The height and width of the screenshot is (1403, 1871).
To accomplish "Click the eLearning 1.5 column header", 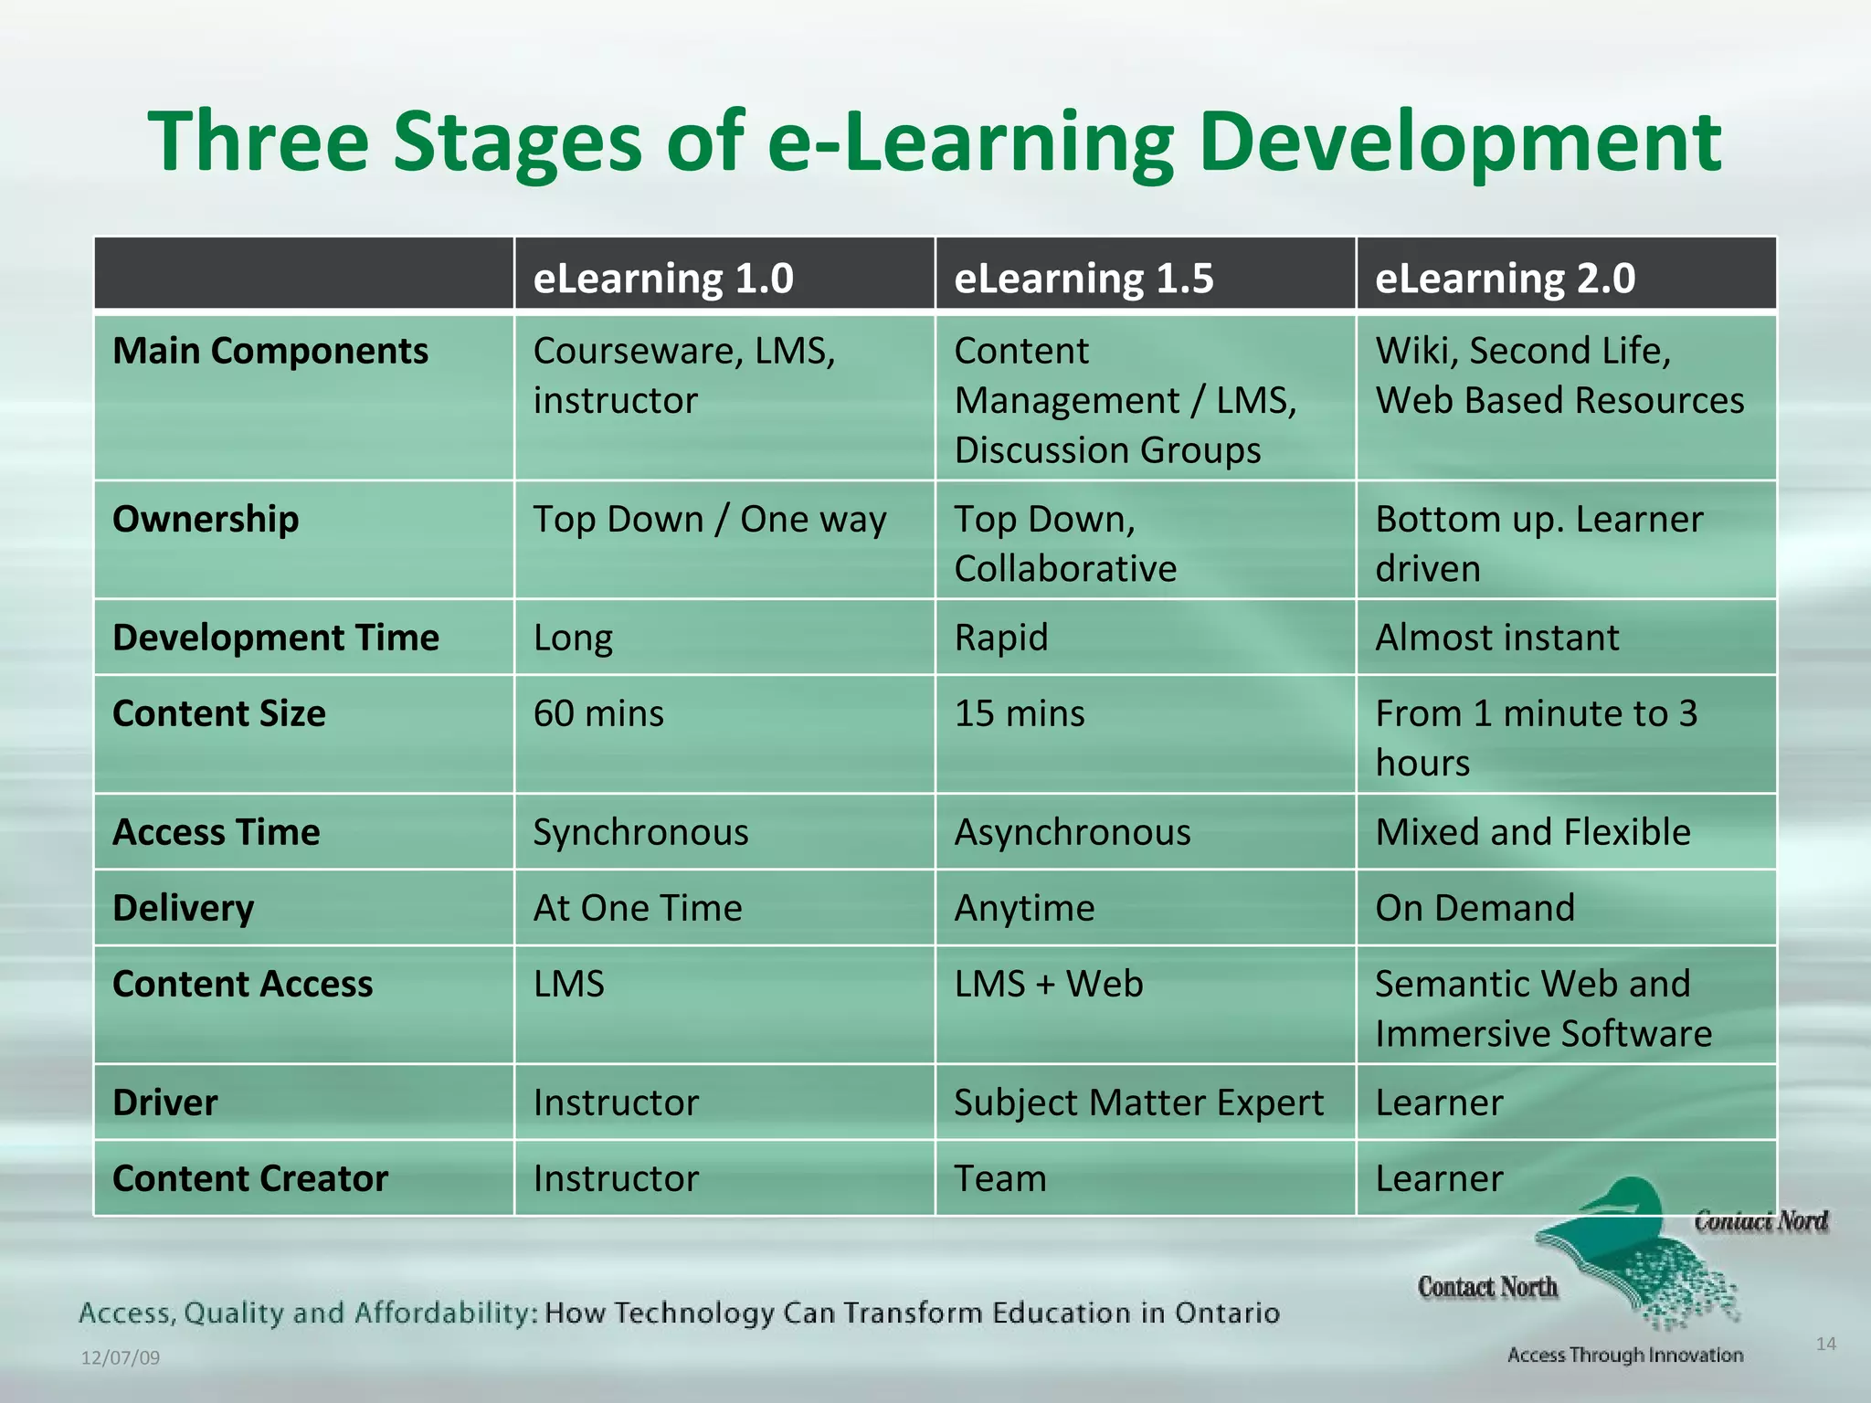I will (x=1083, y=278).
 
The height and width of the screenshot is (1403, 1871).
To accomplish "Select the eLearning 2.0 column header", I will (x=1505, y=278).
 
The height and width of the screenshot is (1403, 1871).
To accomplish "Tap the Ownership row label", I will (x=206, y=519).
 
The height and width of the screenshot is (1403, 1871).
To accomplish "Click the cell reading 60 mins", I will (x=598, y=713).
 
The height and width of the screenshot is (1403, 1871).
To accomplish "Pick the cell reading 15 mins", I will (x=1020, y=713).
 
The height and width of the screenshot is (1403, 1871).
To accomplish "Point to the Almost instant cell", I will (x=1496, y=638).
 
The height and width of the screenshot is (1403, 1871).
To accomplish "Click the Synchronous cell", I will (x=640, y=832).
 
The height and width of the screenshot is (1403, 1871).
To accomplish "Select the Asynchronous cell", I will (x=1073, y=832).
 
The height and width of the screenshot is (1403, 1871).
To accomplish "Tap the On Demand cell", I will (x=1475, y=908).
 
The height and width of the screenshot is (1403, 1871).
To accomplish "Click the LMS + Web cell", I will (x=1049, y=984).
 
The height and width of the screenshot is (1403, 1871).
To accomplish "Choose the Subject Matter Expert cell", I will (x=1138, y=1102).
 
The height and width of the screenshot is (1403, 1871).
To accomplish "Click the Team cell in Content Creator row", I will (x=1000, y=1178).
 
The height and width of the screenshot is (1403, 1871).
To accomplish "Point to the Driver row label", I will (x=165, y=1102).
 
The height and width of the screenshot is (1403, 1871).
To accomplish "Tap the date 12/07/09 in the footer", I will (x=121, y=1357).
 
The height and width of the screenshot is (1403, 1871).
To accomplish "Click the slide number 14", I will (x=1825, y=1344).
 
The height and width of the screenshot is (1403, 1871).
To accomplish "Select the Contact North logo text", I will (x=1487, y=1287).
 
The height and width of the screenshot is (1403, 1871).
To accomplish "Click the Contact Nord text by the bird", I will (x=1760, y=1221).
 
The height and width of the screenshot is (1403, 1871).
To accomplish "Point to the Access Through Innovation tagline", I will (x=1624, y=1355).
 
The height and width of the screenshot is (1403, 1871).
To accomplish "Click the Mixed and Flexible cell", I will (x=1532, y=832).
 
